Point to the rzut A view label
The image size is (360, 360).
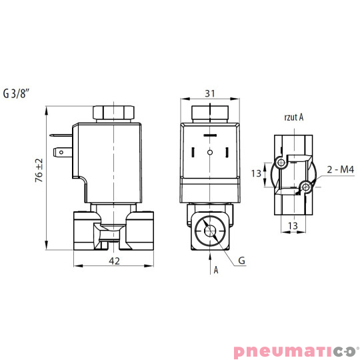(x=293, y=118)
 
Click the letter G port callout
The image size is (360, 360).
(x=241, y=261)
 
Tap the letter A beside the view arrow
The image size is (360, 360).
(x=216, y=270)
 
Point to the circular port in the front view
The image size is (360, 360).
(x=211, y=232)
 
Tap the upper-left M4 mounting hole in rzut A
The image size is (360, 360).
(x=281, y=163)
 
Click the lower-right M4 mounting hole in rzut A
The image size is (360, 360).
(x=307, y=187)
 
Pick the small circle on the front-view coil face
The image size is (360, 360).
(x=210, y=153)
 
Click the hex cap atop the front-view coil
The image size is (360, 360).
(x=210, y=111)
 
